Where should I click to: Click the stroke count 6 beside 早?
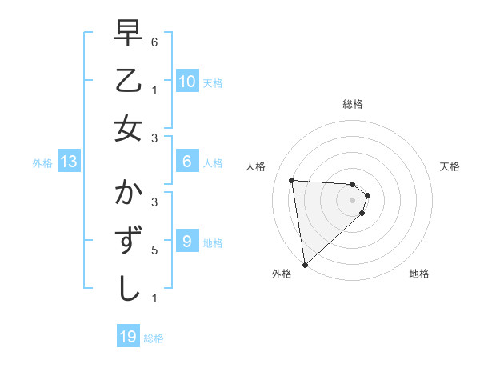(x=154, y=42)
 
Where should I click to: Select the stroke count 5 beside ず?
(x=154, y=250)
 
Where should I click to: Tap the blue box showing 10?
(x=186, y=81)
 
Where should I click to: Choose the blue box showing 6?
(x=186, y=162)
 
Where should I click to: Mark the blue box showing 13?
(x=69, y=162)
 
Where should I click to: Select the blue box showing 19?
(x=128, y=337)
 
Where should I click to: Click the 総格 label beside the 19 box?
(x=154, y=338)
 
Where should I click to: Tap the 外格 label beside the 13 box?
(x=42, y=163)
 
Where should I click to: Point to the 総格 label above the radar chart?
(x=353, y=105)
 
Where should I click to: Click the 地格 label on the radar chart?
(x=419, y=274)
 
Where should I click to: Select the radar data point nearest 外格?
(x=305, y=264)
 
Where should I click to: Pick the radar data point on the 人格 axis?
(x=292, y=180)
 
